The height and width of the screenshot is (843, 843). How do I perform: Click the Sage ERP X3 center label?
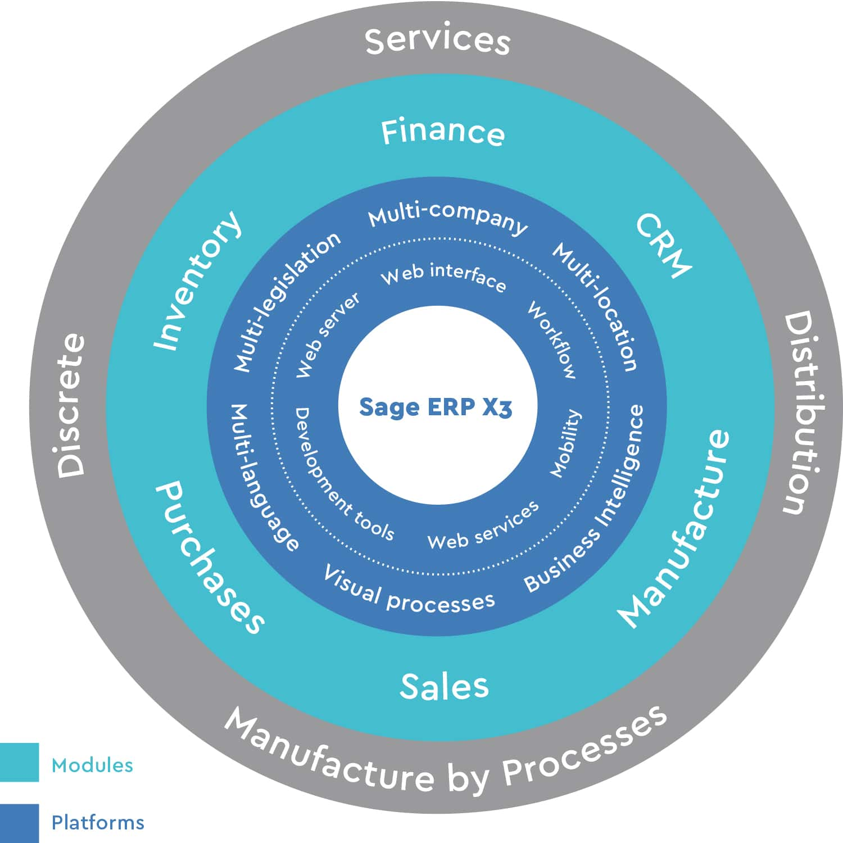436,407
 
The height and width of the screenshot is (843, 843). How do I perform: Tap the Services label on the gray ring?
437,40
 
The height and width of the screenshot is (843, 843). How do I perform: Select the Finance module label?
443,133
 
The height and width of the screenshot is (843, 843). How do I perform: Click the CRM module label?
663,245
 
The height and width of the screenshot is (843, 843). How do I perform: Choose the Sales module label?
444,686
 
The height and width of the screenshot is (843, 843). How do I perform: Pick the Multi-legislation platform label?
287,302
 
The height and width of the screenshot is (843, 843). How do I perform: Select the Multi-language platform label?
264,478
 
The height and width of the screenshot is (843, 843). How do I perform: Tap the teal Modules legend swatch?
19,762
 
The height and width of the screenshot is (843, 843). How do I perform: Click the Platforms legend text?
98,823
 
